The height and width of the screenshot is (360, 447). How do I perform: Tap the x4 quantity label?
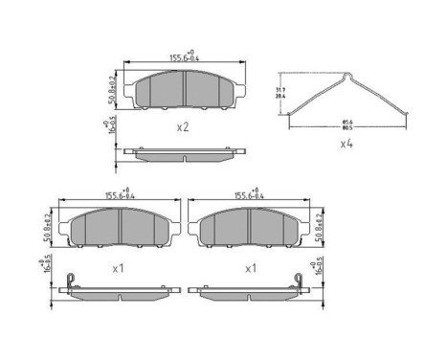tap(347, 144)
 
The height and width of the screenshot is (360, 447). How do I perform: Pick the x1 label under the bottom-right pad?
tap(250, 269)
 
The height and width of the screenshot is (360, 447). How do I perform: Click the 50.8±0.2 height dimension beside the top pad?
tap(114, 88)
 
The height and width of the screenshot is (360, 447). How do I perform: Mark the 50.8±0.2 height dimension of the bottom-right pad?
tap(319, 225)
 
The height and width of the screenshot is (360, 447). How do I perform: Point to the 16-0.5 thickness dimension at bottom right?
tap(319, 265)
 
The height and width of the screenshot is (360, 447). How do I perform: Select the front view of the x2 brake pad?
tap(183, 89)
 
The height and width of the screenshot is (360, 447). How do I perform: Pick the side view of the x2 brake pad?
tap(182, 152)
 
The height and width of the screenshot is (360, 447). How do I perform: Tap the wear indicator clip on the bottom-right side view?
tap(298, 281)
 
